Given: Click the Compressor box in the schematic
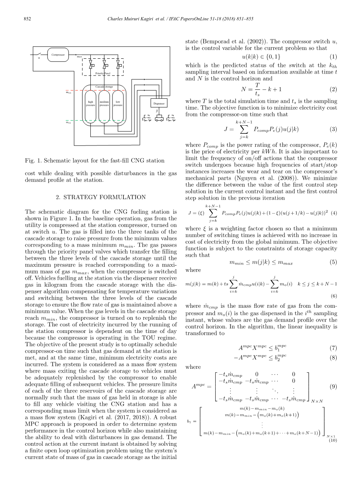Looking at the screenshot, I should click(x=58, y=55).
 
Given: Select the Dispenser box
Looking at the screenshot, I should click(x=159, y=103).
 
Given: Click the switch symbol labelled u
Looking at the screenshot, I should click(x=39, y=54).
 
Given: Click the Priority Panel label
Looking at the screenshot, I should click(x=103, y=73).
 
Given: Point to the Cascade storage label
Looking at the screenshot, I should click(x=104, y=86).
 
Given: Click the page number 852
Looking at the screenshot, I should click(x=27, y=19).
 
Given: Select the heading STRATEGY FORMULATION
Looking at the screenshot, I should click(x=101, y=197).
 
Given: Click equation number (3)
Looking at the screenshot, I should click(x=333, y=129).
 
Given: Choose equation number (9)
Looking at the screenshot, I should click(x=333, y=387).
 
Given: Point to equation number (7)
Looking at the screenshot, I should click(x=333, y=347).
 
